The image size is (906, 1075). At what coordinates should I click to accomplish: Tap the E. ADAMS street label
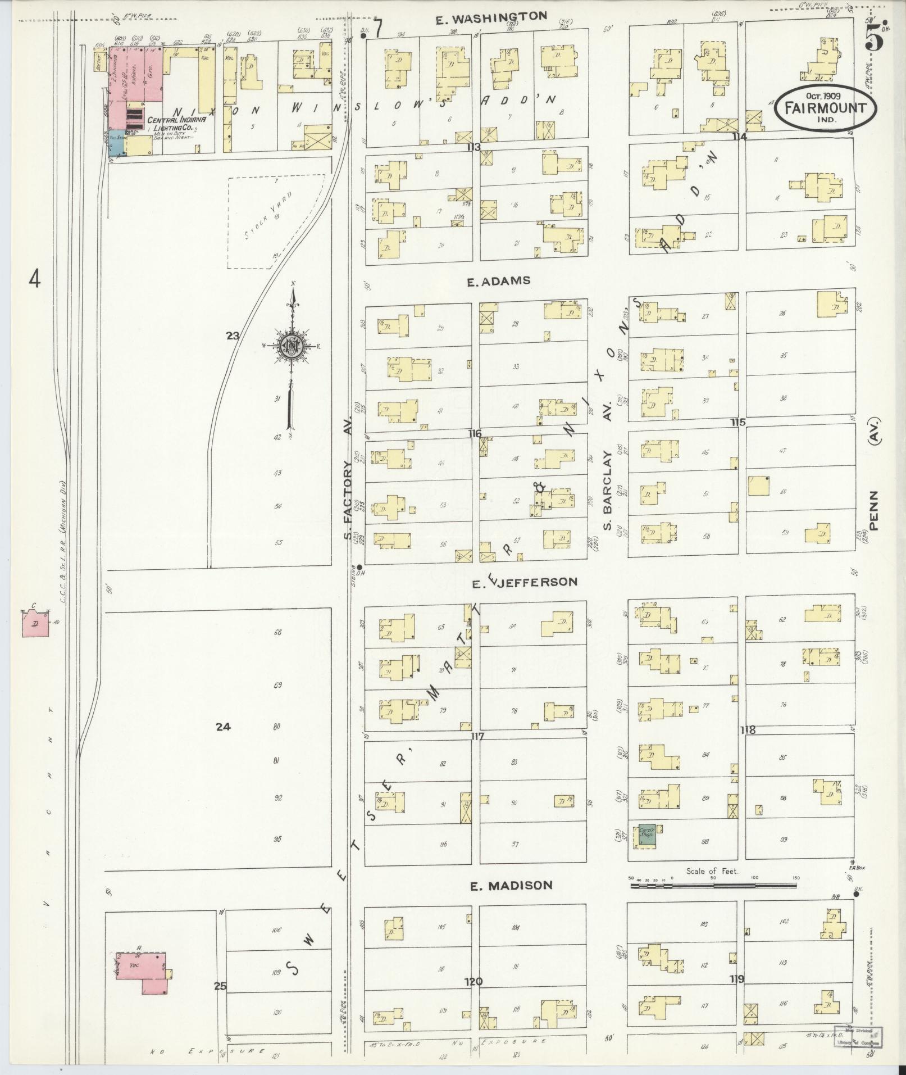pos(498,280)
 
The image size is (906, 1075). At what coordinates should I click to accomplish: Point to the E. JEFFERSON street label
pos(524,582)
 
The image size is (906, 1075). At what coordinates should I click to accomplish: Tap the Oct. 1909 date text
pos(823,96)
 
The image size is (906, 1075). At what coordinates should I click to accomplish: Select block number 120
pos(473,981)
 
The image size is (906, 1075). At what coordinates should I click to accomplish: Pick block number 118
pos(748,730)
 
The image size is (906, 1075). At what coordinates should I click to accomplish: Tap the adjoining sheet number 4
pos(35,279)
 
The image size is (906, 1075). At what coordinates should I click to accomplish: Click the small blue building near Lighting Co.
pos(116,146)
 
